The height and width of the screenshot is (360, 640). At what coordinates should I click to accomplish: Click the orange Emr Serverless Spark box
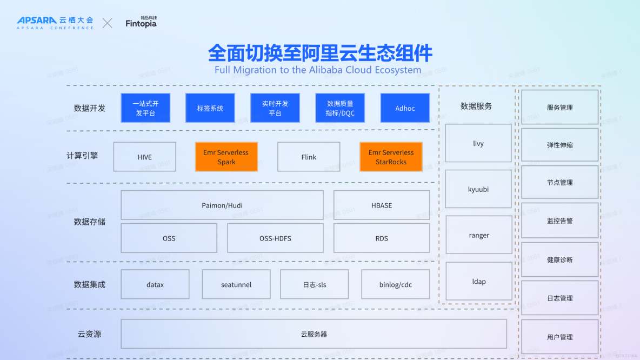pyautogui.click(x=226, y=157)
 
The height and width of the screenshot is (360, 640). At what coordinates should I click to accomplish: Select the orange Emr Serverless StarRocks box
pyautogui.click(x=391, y=157)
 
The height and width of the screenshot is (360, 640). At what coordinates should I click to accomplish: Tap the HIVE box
pyautogui.click(x=144, y=157)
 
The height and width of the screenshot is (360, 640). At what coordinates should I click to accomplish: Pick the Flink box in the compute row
pyautogui.click(x=309, y=157)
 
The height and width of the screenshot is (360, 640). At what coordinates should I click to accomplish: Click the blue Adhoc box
pyautogui.click(x=405, y=108)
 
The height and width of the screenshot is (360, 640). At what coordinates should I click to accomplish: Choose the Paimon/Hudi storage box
pyautogui.click(x=222, y=205)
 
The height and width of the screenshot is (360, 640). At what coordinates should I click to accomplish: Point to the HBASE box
pyautogui.click(x=382, y=205)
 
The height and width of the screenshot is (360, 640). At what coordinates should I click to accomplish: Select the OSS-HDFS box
pyautogui.click(x=275, y=238)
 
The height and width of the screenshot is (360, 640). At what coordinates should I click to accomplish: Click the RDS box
pyautogui.click(x=382, y=238)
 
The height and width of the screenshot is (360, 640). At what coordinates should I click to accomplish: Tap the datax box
pyautogui.click(x=155, y=284)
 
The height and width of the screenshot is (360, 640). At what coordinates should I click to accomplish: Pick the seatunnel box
pyautogui.click(x=236, y=284)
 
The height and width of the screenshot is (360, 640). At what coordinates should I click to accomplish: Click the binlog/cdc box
pyautogui.click(x=396, y=284)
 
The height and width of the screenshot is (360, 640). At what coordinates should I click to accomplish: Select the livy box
pyautogui.click(x=478, y=143)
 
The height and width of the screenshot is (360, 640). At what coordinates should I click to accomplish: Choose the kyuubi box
pyautogui.click(x=478, y=189)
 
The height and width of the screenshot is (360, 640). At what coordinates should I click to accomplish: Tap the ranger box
pyautogui.click(x=479, y=235)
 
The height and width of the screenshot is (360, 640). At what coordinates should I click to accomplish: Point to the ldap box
pyautogui.click(x=479, y=281)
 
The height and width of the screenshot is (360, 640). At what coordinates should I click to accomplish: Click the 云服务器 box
pyautogui.click(x=314, y=334)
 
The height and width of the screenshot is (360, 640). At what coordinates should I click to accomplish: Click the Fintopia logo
pyautogui.click(x=141, y=22)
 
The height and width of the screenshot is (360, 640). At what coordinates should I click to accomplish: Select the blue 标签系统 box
pyautogui.click(x=210, y=108)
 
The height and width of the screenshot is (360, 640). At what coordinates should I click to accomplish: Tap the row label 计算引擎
pyautogui.click(x=82, y=156)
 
